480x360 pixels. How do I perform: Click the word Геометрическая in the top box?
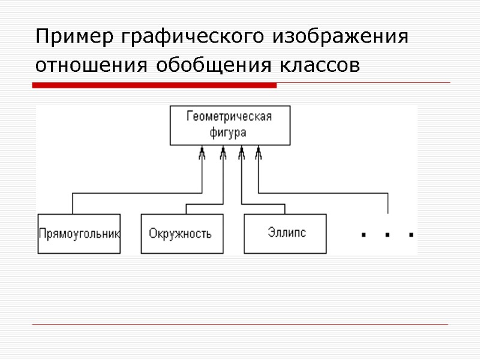pyautogui.click(x=229, y=116)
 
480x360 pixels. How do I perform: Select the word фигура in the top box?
pyautogui.click(x=229, y=131)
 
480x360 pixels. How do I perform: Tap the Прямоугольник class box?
pyautogui.click(x=79, y=233)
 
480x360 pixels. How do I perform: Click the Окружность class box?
pyautogui.click(x=181, y=233)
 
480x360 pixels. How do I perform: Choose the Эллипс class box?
pyautogui.click(x=285, y=233)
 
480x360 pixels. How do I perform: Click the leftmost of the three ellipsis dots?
pyautogui.click(x=364, y=235)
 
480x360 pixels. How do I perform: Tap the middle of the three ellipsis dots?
pyautogui.click(x=388, y=235)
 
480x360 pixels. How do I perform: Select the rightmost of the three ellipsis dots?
pyautogui.click(x=411, y=235)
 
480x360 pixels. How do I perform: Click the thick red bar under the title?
pyautogui.click(x=154, y=86)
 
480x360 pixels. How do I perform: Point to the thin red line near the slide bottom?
pyautogui.click(x=240, y=325)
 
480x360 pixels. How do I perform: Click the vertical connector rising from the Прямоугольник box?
pyautogui.click(x=73, y=203)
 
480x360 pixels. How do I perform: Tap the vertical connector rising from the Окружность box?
pyautogui.click(x=187, y=209)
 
